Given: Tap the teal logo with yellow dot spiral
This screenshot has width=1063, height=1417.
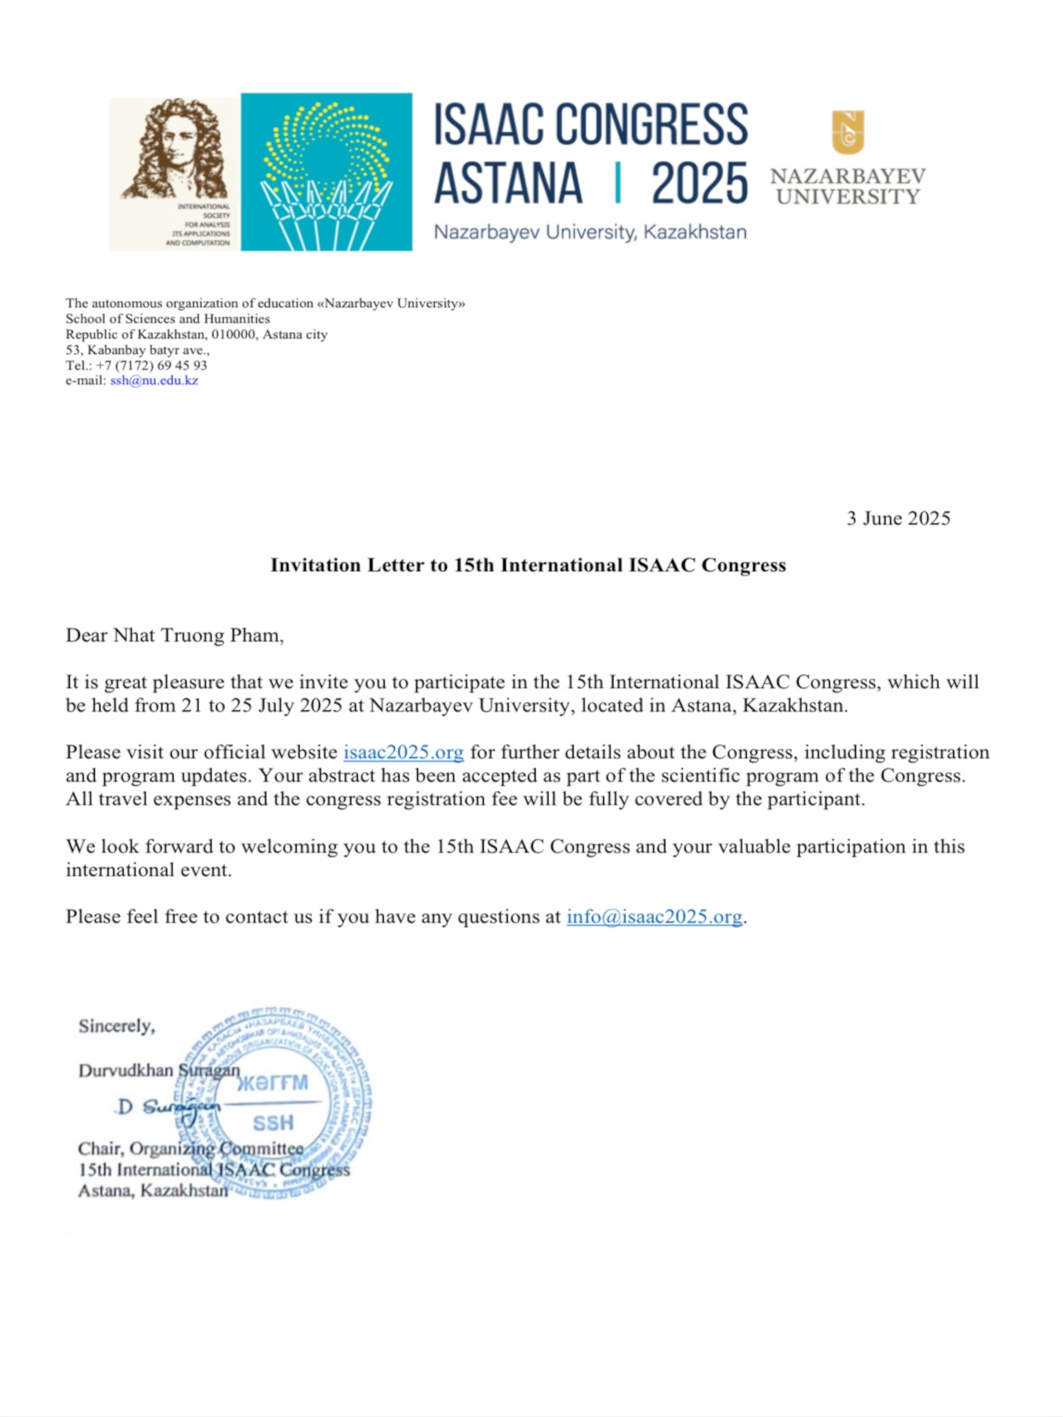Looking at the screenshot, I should coord(326,172).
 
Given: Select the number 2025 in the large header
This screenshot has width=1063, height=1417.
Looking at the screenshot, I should coord(699,182).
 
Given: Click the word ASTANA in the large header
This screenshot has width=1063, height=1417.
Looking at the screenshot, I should coord(508,182).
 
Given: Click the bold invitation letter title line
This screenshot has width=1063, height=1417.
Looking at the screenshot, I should coord(528,565).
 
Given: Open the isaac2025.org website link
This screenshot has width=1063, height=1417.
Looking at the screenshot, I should coord(403,752).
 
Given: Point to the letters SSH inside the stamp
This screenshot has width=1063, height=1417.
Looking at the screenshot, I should coord(273,1123).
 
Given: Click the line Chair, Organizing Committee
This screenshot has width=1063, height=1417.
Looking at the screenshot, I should coord(190,1149).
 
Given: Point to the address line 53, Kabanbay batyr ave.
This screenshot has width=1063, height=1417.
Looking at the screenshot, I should coord(137,350).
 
